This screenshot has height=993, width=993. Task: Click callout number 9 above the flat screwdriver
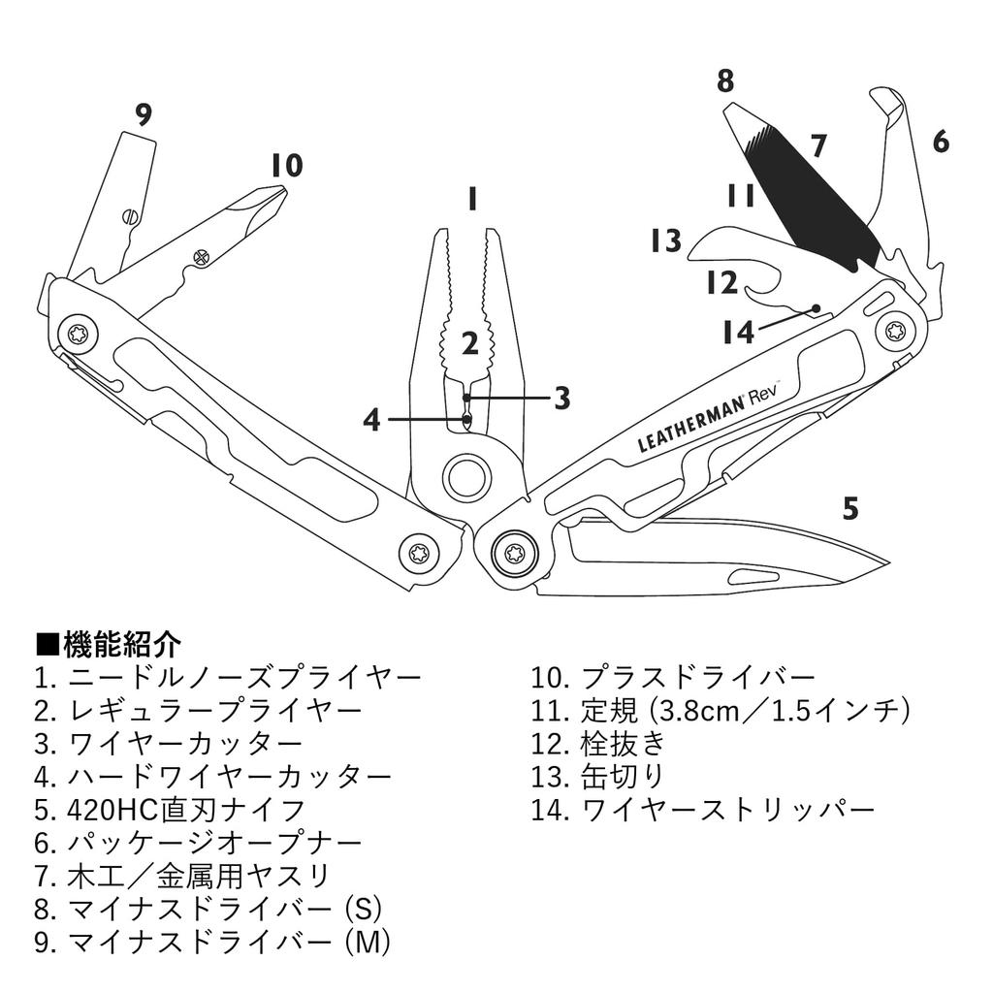144,115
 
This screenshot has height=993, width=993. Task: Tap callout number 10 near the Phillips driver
286,166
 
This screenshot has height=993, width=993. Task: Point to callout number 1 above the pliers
471,200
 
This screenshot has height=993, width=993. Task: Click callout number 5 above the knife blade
850,508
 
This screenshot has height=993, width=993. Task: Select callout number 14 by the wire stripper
739,333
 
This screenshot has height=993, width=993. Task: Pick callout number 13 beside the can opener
666,240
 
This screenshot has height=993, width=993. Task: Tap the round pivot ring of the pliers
464,477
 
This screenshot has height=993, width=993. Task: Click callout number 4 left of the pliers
371,420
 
